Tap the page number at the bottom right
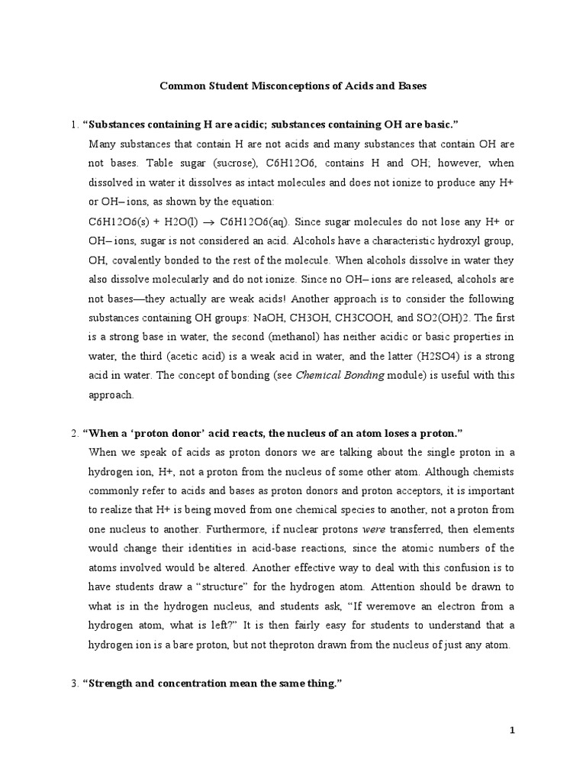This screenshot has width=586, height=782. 513,730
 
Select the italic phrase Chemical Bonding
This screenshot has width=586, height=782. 339,375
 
